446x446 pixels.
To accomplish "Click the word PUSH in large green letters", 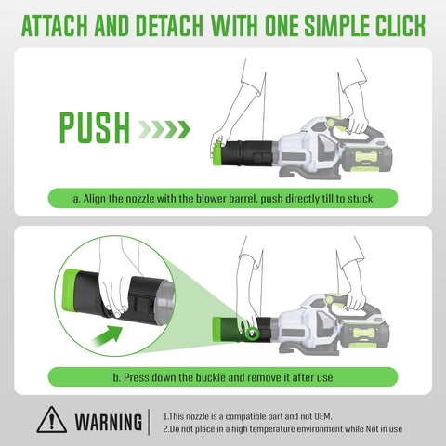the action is pos(94,127).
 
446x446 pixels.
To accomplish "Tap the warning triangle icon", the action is pos(51,420).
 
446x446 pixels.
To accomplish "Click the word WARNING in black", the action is pos(109,422).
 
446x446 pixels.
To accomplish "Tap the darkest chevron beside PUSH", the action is pos(183,129).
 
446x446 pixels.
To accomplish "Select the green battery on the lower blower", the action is pos(366,335).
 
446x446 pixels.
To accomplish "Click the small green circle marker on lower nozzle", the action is pos(253,334).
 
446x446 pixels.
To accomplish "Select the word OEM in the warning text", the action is pos(323,416).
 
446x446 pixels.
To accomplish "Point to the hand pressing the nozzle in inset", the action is pos(115,298).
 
